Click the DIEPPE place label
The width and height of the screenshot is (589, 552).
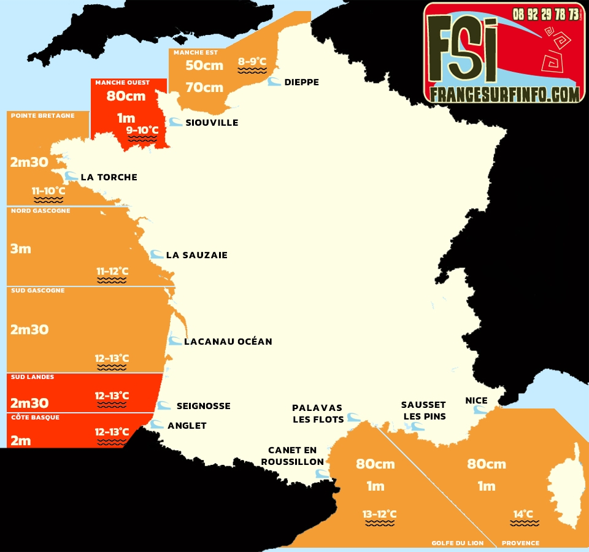coord(301,82)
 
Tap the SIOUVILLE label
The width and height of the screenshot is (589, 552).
coord(212,123)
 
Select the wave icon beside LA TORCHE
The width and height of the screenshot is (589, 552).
coord(72,177)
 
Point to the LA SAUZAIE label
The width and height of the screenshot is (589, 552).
coord(196,255)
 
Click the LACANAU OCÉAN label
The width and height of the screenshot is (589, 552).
coord(228,342)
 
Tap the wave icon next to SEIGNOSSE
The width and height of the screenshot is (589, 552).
coord(164,405)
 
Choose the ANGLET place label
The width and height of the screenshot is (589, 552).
coord(187,426)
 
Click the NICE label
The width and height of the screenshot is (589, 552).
coord(477,401)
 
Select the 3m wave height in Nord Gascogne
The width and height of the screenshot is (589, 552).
coord(21,249)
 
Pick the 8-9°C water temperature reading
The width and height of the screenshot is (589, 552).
coord(252,61)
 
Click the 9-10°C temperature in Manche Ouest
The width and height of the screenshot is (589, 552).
coord(142,130)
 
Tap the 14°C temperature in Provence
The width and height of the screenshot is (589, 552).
coord(523,514)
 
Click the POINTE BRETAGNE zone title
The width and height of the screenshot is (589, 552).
coord(43,115)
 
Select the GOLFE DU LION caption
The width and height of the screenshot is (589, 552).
coord(457,543)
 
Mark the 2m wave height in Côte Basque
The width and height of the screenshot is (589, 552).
coord(20,440)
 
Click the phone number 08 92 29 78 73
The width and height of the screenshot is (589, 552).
coord(545,13)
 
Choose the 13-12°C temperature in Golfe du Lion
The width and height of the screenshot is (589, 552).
coord(379,514)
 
